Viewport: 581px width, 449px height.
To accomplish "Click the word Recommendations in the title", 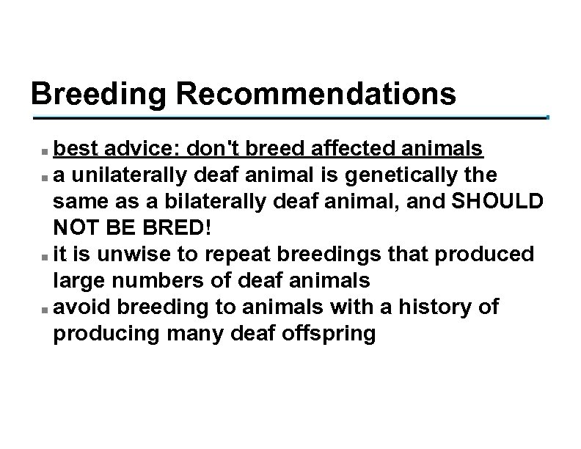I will click(318, 95).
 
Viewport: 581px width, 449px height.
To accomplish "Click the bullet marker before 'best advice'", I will click(45, 150).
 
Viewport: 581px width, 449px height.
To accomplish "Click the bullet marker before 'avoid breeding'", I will click(45, 308).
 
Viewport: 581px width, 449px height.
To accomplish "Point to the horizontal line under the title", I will click(290, 117).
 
